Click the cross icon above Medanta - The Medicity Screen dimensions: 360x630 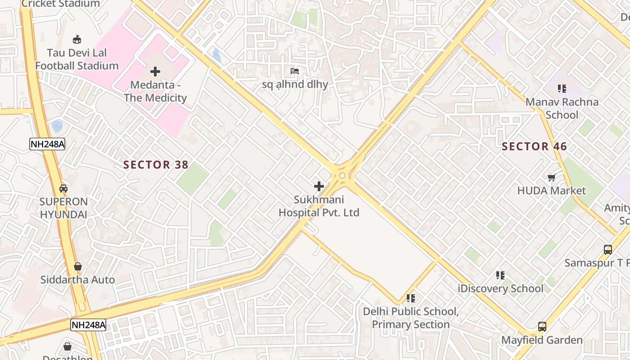point(155,72)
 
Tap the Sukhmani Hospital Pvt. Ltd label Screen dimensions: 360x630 point(319,206)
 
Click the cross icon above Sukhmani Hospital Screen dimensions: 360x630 point(319,186)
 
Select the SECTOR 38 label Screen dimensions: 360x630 point(156,165)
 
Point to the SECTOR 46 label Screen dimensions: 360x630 point(534,146)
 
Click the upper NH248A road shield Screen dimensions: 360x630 point(47,144)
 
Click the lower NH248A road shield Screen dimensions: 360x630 point(88,324)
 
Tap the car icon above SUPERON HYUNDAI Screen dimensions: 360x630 point(63,188)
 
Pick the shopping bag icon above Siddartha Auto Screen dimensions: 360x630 point(78,266)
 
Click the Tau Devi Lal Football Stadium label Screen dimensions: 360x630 point(77,59)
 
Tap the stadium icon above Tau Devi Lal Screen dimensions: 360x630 point(77,39)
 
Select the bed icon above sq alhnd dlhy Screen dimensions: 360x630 point(295,71)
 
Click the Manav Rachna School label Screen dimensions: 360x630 point(562,108)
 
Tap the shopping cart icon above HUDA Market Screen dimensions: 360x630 point(552,177)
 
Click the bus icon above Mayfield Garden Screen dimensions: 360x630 point(542,327)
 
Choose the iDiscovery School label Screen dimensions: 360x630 point(500,288)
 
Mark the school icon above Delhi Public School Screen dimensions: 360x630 point(410,298)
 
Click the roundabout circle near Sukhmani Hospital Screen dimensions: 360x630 point(342,175)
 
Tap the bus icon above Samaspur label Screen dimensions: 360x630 point(607,249)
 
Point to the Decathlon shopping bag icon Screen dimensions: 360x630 point(67,346)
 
